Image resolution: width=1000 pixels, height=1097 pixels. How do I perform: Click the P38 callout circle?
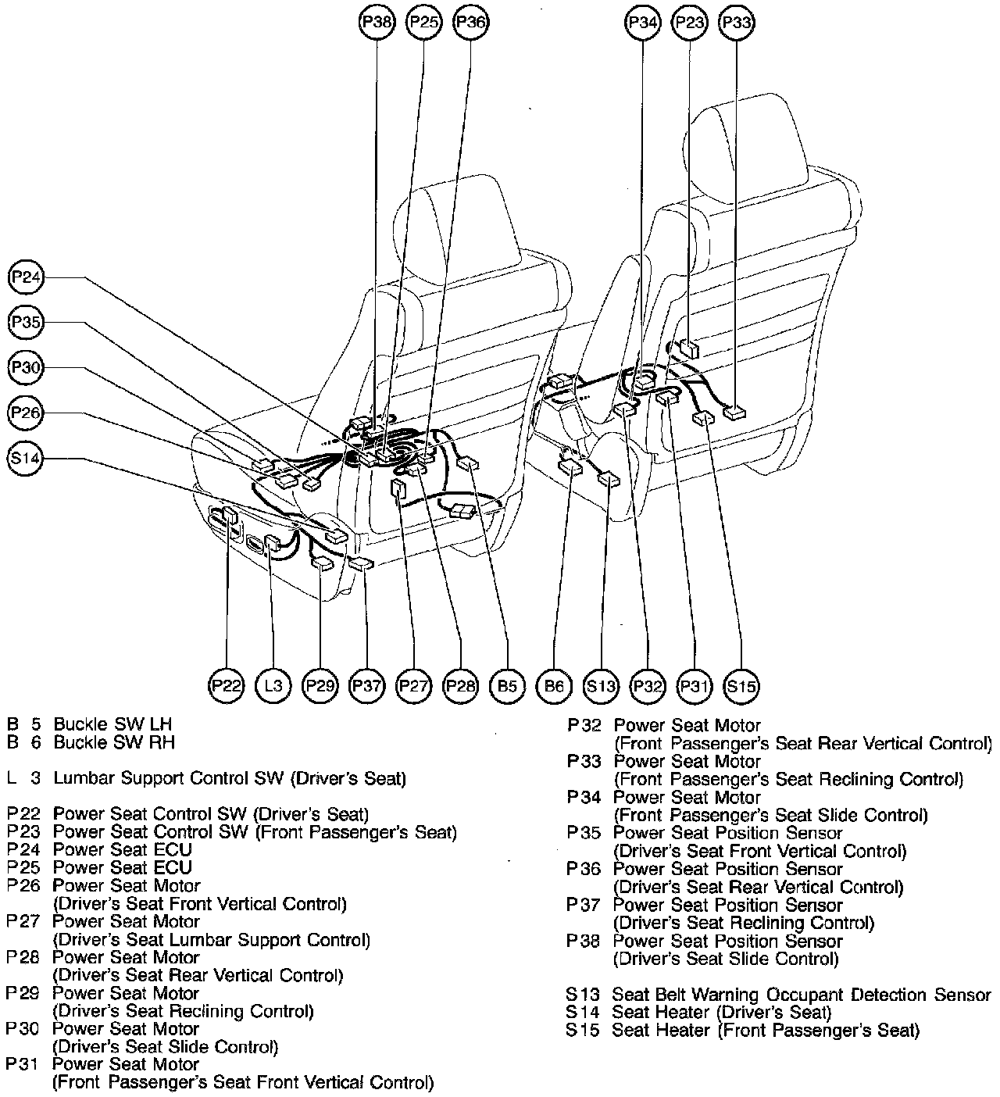(377, 23)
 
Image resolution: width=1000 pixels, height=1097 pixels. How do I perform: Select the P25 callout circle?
(424, 23)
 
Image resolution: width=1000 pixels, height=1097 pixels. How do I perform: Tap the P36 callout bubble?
(471, 23)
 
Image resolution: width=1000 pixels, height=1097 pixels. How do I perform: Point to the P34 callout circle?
(643, 23)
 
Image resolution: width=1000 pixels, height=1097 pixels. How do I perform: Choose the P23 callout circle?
(690, 23)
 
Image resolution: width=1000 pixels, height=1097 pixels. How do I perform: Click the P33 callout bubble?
(737, 23)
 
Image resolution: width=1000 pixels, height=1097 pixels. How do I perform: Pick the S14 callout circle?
(26, 459)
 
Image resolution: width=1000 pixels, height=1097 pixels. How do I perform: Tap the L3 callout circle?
(273, 686)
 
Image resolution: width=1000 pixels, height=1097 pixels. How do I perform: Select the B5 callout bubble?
(507, 686)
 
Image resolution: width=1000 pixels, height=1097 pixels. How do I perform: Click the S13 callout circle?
(601, 686)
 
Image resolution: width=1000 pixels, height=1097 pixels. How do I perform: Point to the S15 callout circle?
(741, 686)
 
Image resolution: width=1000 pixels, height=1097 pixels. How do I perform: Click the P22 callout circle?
(227, 686)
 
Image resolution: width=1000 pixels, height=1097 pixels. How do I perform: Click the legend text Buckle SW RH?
(114, 742)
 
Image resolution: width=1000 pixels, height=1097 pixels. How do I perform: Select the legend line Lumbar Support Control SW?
(230, 778)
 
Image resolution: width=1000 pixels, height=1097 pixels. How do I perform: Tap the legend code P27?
(23, 922)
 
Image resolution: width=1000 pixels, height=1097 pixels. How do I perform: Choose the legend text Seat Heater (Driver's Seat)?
(721, 1013)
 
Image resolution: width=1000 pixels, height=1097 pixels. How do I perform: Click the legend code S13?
(583, 995)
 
